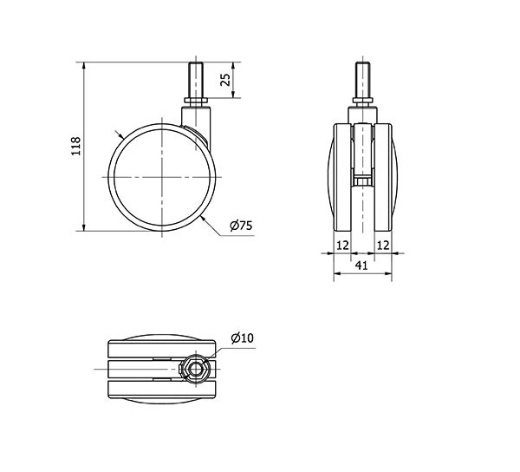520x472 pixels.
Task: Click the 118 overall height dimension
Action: pos(76,146)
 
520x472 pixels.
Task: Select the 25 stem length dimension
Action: pos(225,80)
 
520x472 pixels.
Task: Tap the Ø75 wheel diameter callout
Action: pos(241,226)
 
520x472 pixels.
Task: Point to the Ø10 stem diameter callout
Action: pos(242,338)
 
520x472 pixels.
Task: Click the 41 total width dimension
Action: pos(361,265)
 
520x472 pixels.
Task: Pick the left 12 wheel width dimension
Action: pos(342,246)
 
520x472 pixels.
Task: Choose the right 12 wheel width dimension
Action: pos(383,246)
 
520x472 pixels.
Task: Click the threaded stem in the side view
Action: pos(196,80)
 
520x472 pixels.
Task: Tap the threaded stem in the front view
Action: pos(362,80)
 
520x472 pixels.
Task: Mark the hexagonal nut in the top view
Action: pos(196,369)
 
